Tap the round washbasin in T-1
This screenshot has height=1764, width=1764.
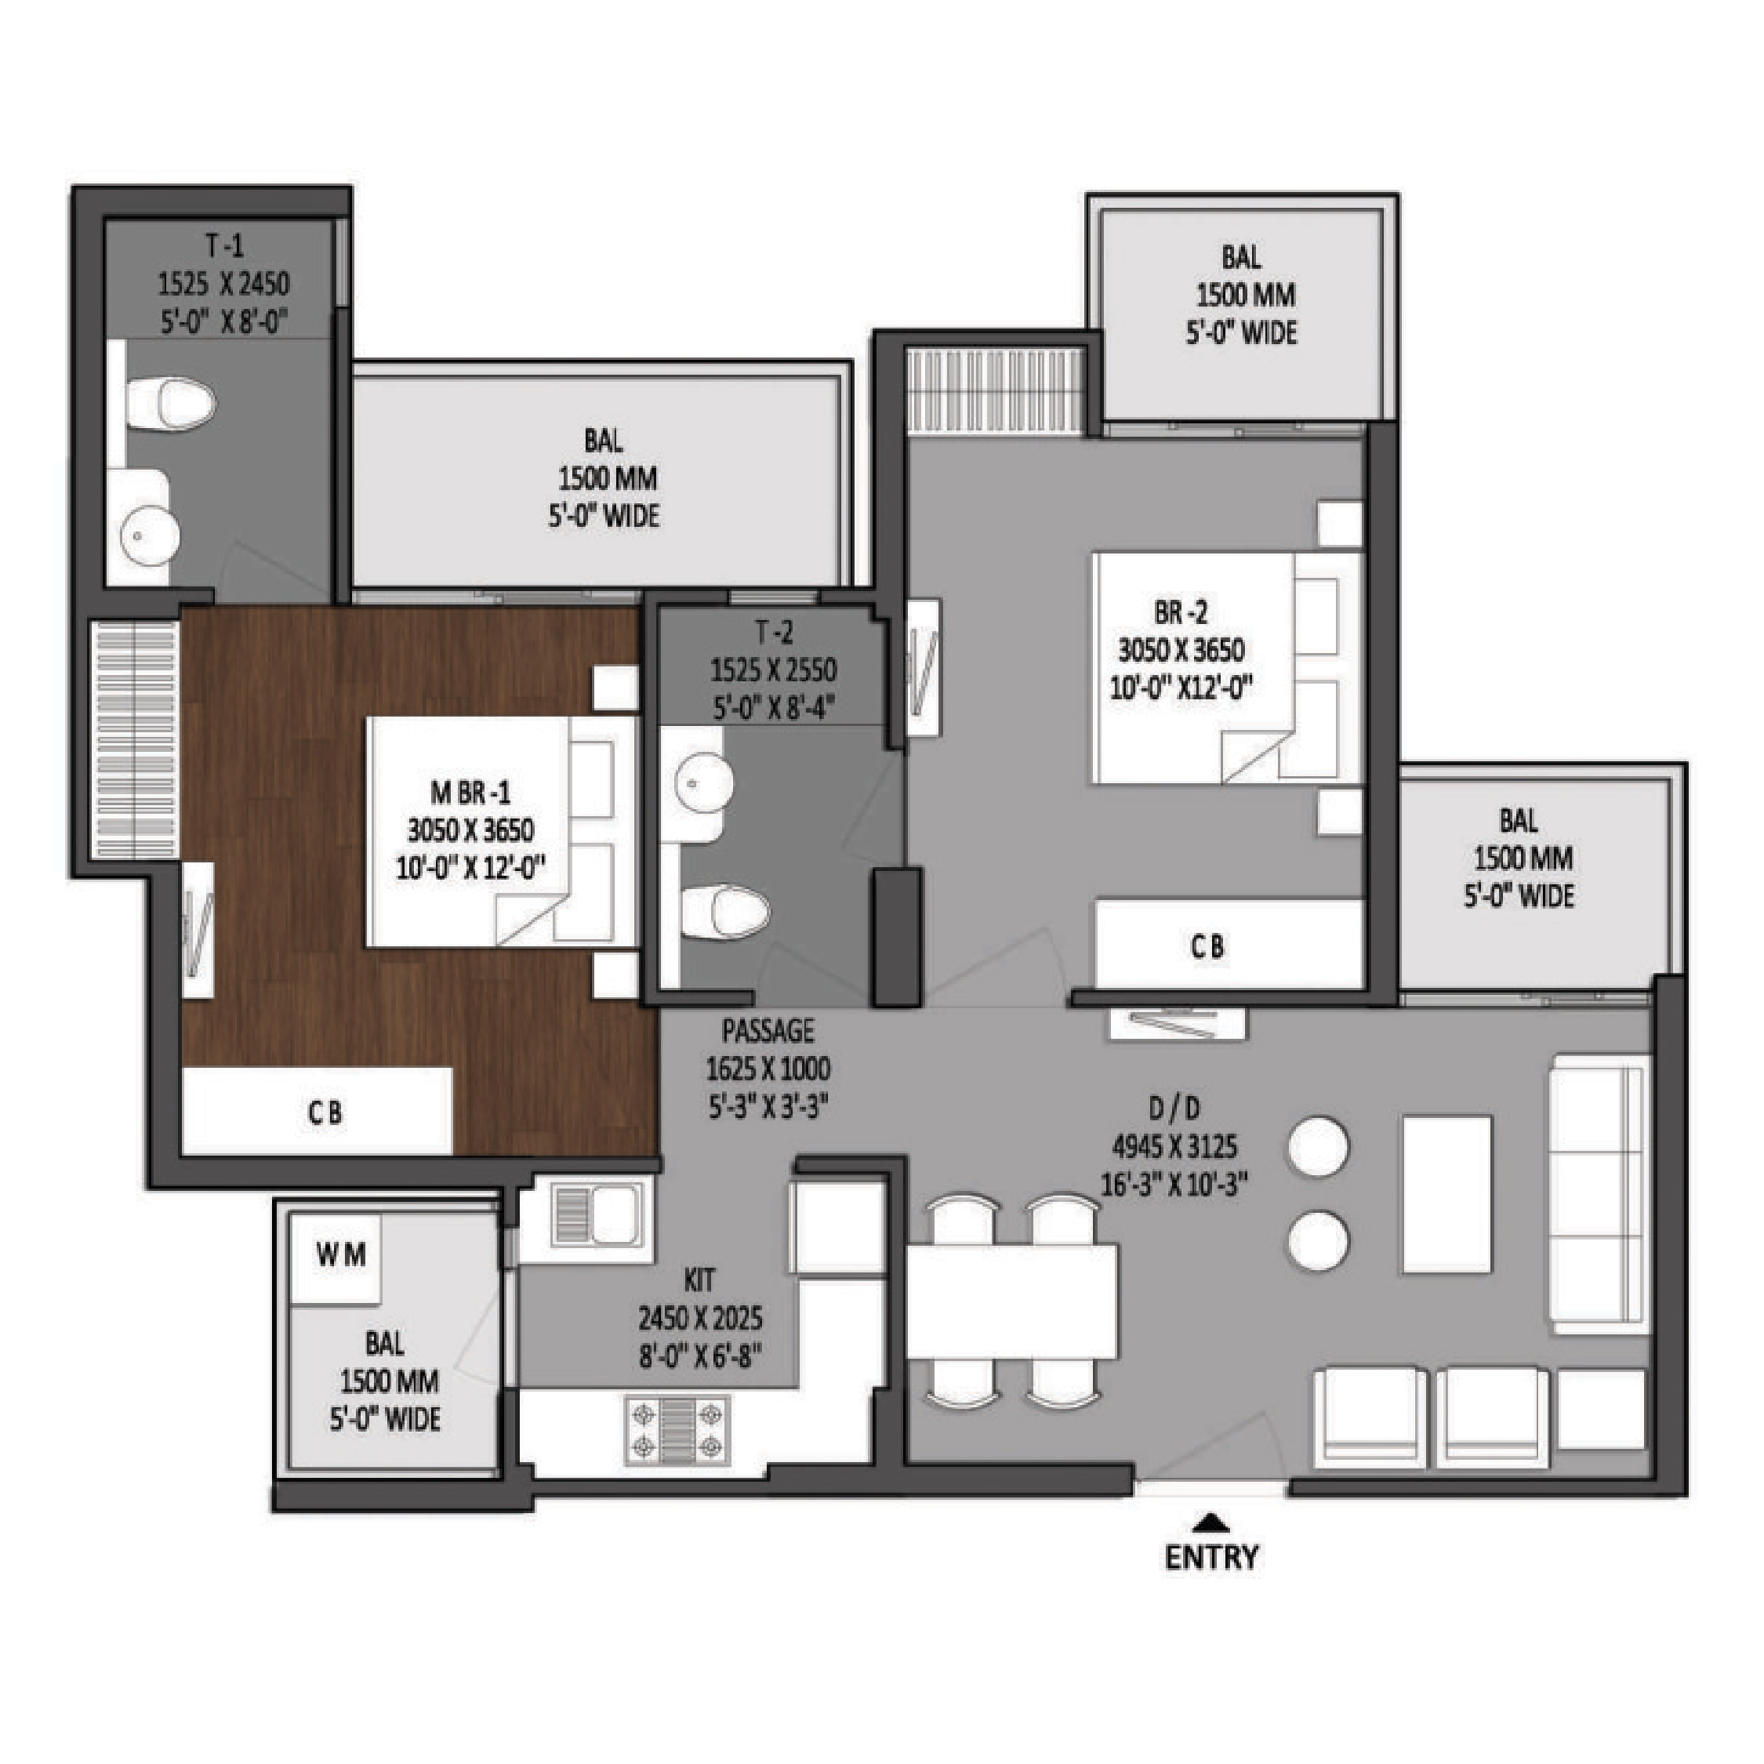coord(151,535)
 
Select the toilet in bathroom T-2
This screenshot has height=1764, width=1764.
coord(726,910)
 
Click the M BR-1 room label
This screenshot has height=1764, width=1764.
coord(470,792)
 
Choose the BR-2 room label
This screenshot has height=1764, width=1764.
coord(1181,612)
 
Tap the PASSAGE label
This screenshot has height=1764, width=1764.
coord(768,1031)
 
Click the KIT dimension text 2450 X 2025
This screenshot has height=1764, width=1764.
coord(700,1319)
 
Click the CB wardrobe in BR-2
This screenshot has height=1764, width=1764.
coord(1229,944)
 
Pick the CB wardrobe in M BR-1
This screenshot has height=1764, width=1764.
coord(317,1110)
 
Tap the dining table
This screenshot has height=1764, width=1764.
coord(1011,1301)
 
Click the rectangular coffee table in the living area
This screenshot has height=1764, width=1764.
coord(1447,1192)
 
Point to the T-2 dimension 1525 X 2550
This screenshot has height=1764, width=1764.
coord(773,670)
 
